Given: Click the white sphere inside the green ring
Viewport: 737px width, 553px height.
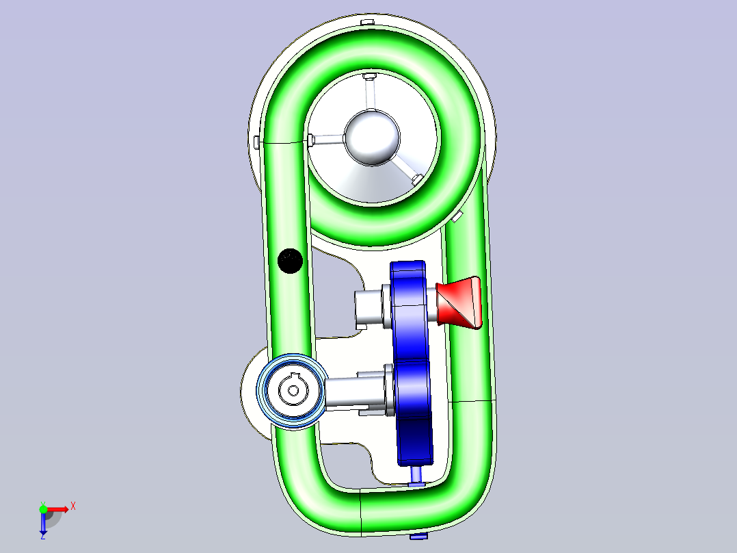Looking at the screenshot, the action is [372, 138].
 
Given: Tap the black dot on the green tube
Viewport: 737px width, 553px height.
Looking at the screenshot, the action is [290, 261].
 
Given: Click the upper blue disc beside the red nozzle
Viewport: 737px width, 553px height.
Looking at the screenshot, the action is [409, 311].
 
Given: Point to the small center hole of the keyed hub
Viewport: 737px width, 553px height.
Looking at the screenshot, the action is [293, 390].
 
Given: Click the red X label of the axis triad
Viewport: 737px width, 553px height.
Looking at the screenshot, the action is [73, 506].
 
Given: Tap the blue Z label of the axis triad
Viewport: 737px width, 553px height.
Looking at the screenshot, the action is [43, 536].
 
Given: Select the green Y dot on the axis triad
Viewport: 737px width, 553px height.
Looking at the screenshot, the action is [43, 509].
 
